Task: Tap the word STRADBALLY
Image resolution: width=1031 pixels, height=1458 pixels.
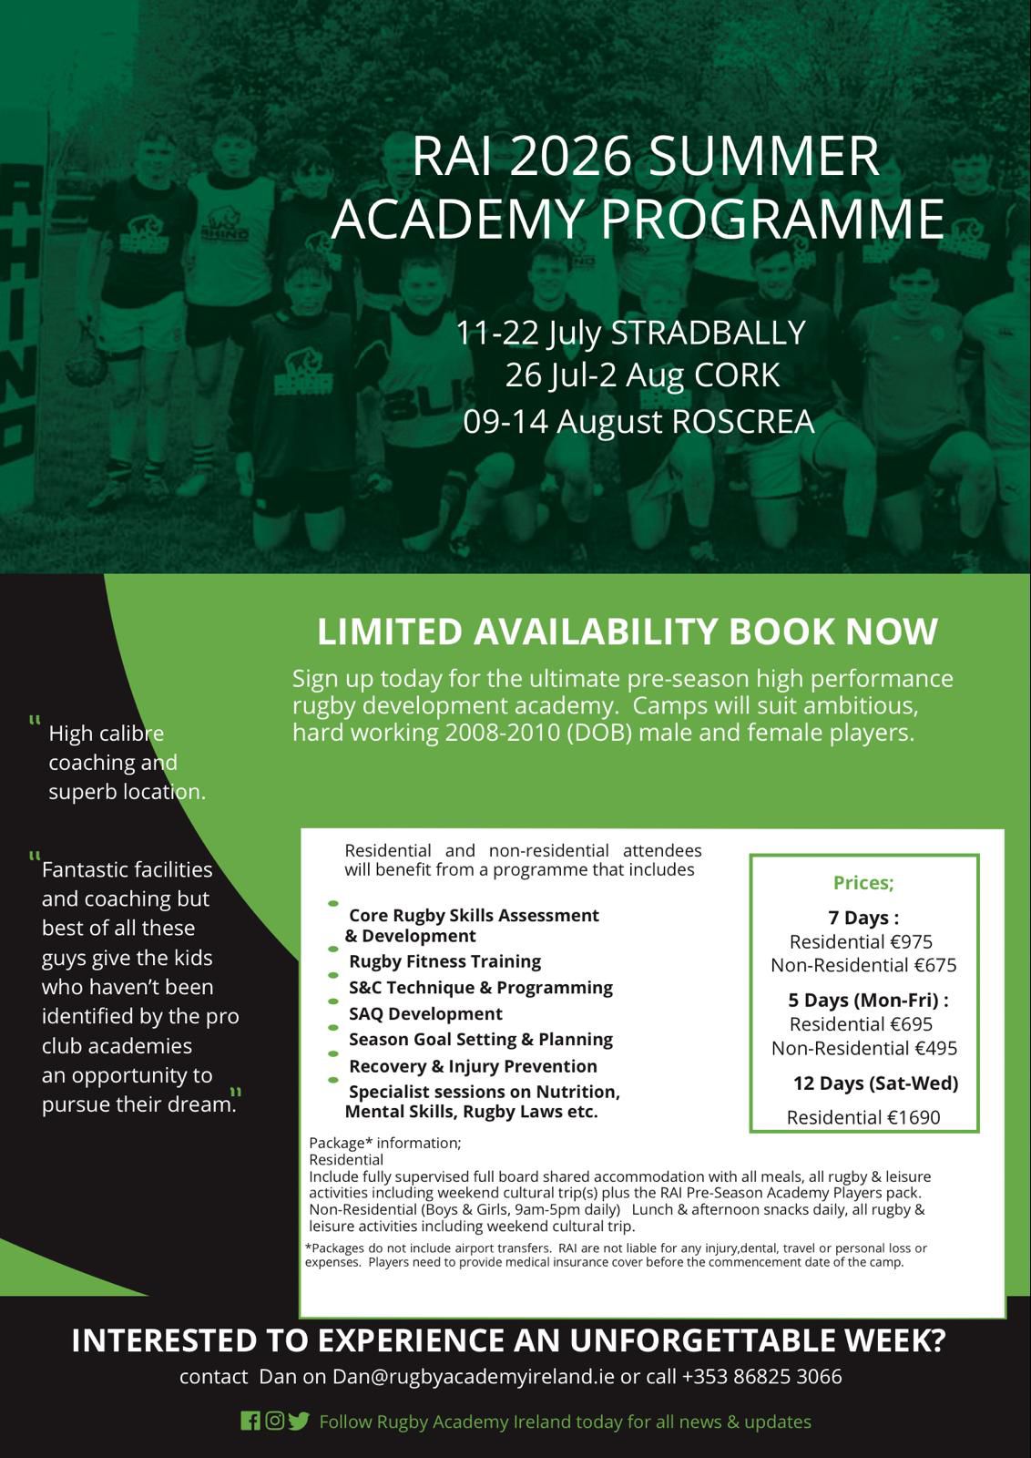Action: pos(708,333)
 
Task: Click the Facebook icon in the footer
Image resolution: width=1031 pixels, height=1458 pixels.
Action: pos(250,1421)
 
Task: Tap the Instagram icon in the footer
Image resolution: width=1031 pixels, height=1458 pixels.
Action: pos(274,1421)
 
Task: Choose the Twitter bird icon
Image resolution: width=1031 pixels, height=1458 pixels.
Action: pos(299,1421)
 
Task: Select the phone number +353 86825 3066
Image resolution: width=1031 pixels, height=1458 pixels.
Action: pos(761,1376)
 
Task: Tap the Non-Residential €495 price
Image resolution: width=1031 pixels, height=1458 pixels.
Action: pos(864,1048)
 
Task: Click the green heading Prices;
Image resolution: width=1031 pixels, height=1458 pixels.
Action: pos(863,882)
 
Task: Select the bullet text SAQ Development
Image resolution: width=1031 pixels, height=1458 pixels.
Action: pos(425,1013)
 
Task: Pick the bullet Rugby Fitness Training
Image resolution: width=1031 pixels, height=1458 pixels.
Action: pos(444,961)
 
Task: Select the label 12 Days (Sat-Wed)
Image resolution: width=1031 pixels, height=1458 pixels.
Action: pos(875,1083)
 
